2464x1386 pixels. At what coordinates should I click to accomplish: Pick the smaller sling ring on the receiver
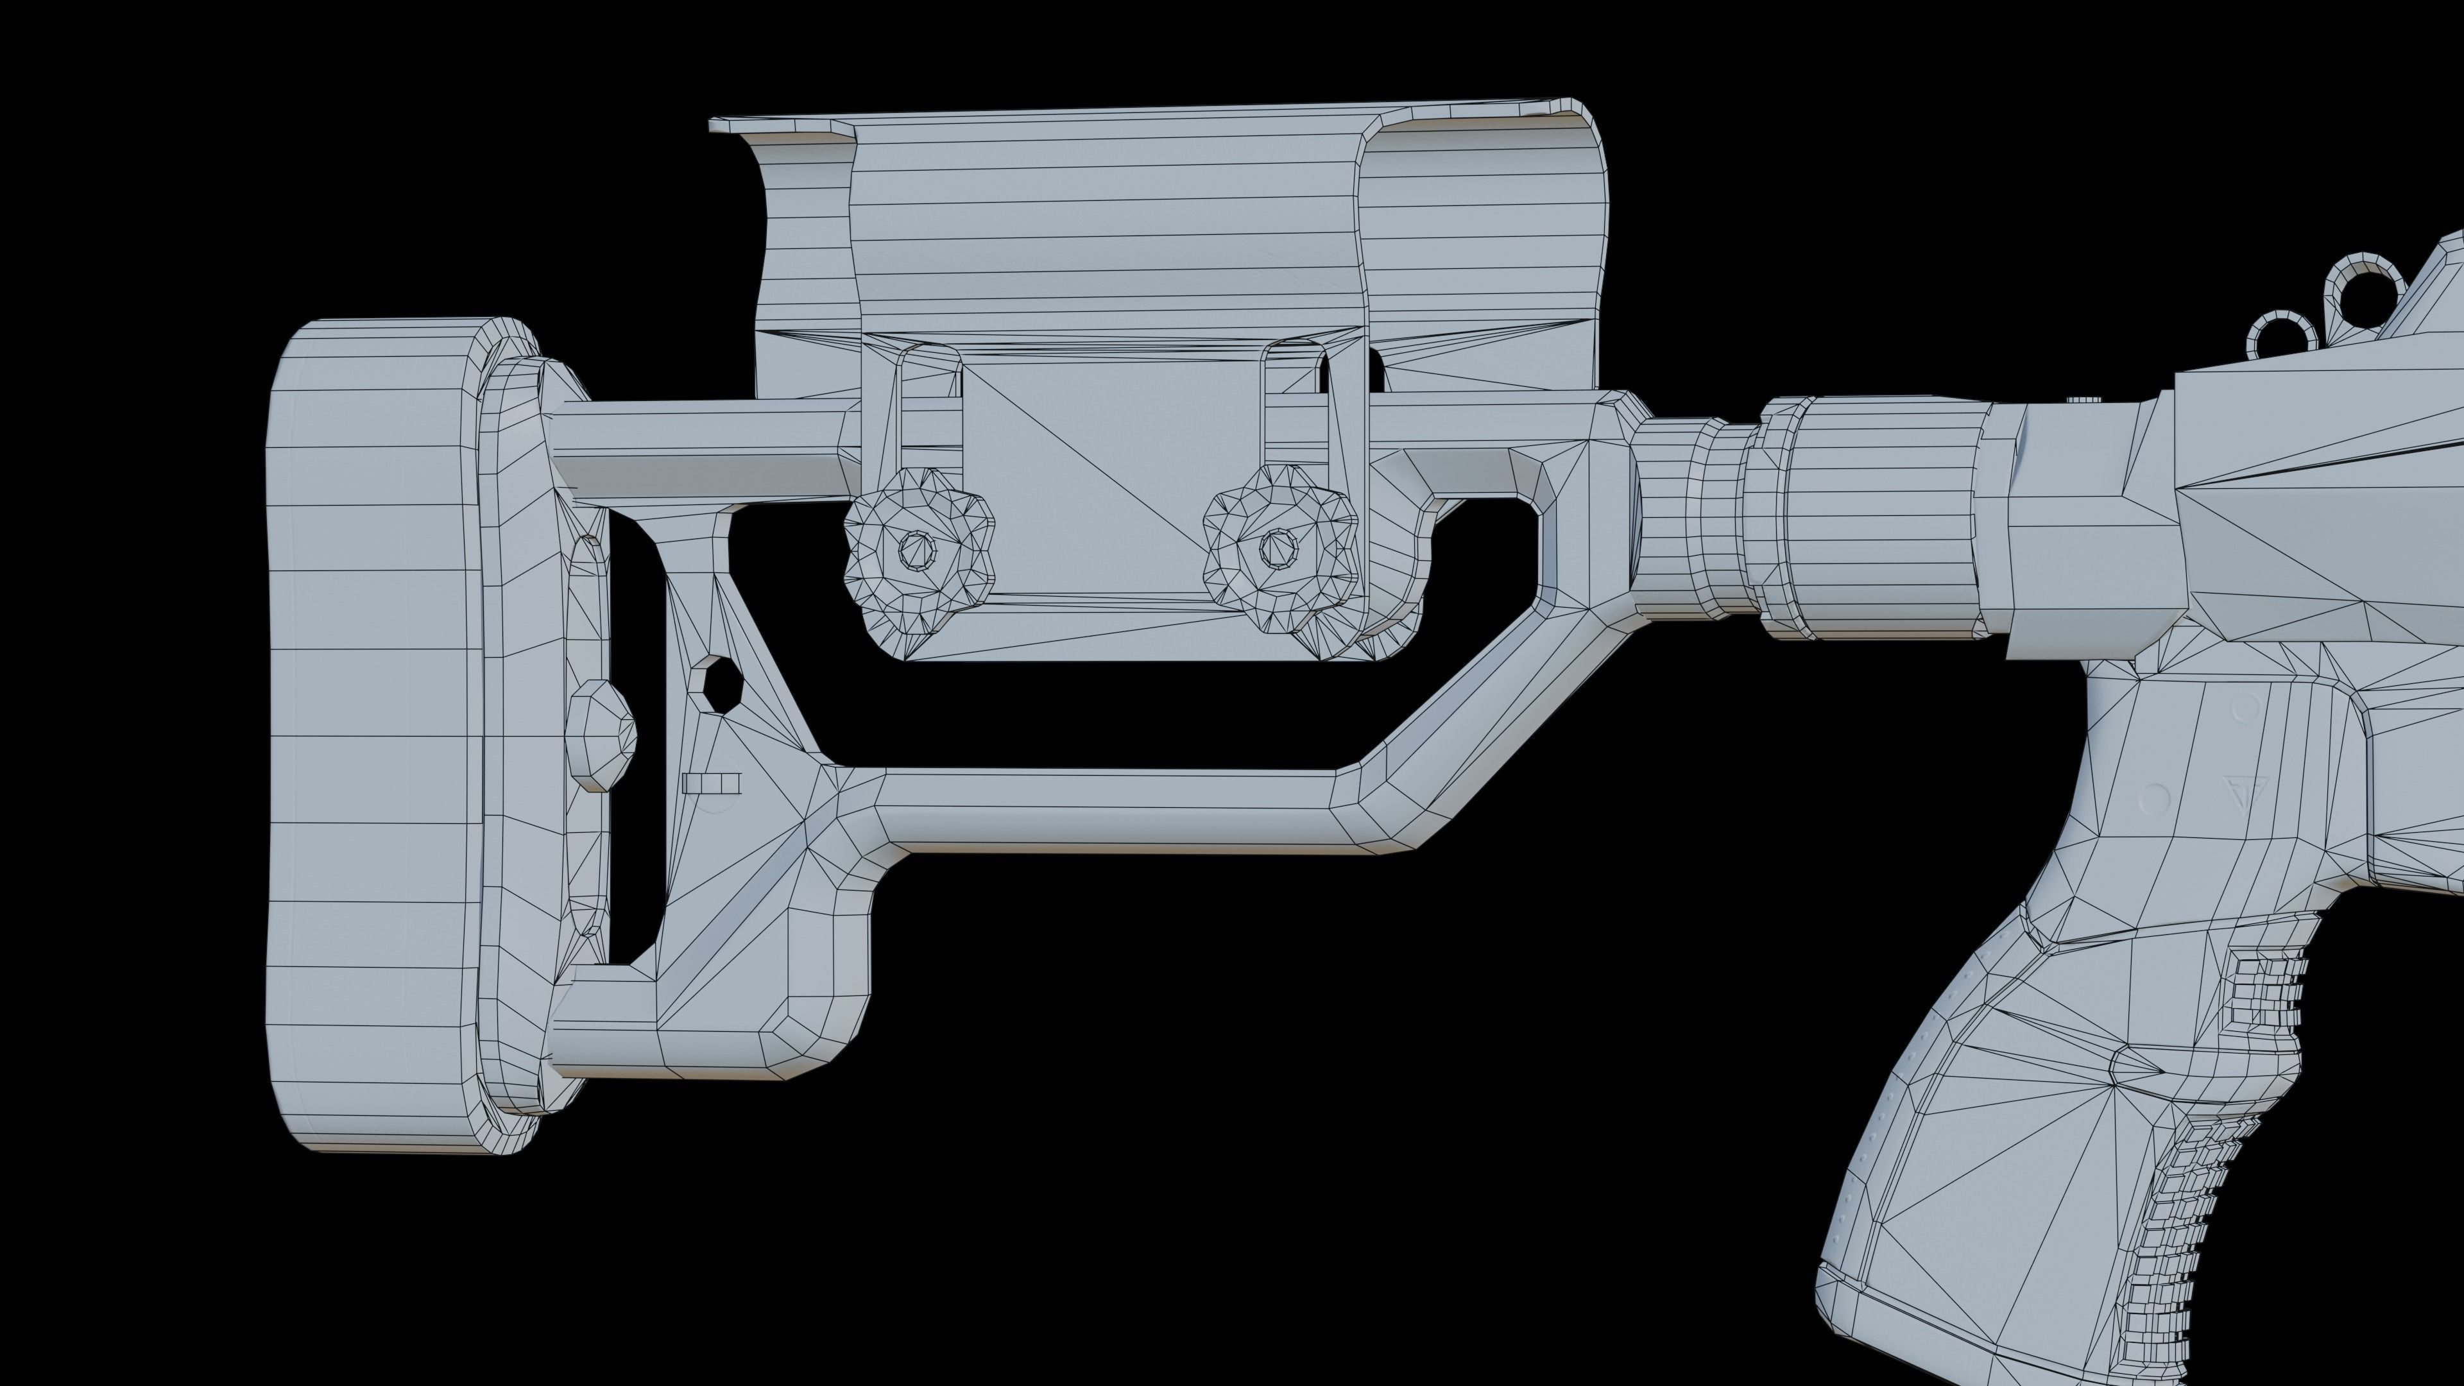2283,336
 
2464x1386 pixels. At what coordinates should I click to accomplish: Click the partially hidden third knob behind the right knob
1392,612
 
